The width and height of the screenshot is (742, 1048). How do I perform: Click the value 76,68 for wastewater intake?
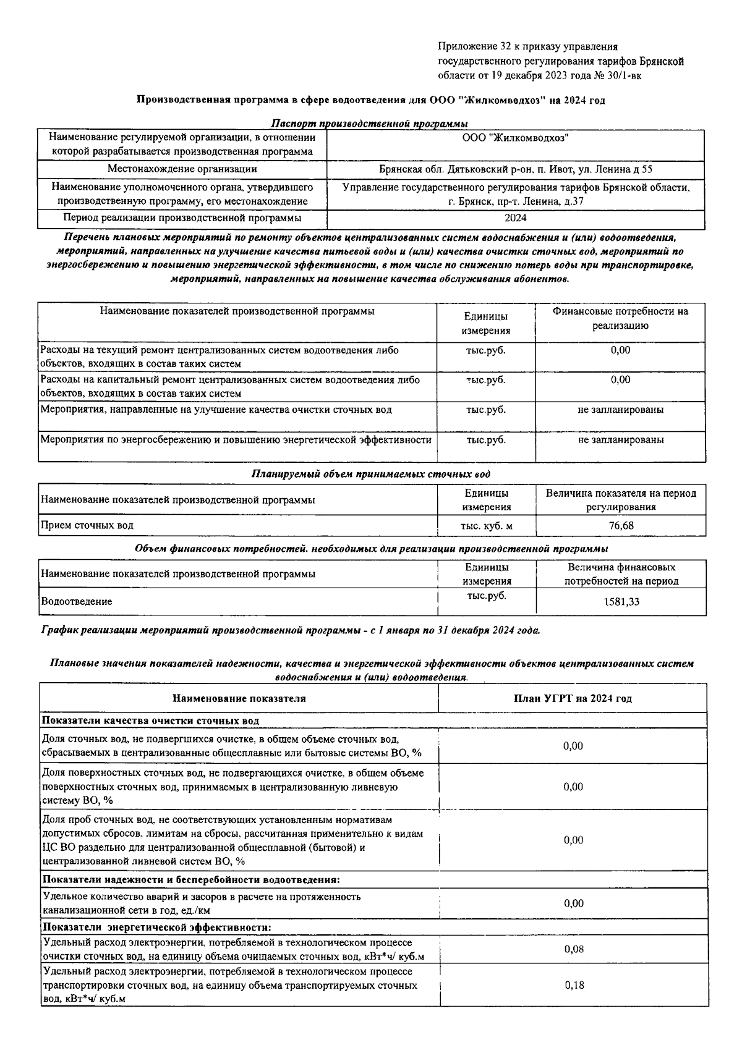pos(620,526)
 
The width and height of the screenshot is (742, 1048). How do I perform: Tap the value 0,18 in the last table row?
pos(574,985)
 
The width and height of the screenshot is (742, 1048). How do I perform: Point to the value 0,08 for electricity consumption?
pos(574,949)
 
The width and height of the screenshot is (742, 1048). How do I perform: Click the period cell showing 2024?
pos(515,218)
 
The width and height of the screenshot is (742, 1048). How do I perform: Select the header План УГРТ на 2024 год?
pos(573,698)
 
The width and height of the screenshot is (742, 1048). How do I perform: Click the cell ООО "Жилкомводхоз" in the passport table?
pos(515,138)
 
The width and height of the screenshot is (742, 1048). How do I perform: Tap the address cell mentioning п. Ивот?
pos(515,169)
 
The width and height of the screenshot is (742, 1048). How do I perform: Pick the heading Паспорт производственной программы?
pos(369,124)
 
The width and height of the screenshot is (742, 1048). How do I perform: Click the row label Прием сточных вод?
pos(87,526)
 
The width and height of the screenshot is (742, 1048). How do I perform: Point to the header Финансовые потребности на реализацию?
pos(620,318)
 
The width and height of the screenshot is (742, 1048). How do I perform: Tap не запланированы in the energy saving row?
pos(621,440)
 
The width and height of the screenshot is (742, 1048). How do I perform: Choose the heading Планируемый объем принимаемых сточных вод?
pos(370,474)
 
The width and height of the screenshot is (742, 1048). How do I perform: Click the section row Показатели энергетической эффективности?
pos(156,928)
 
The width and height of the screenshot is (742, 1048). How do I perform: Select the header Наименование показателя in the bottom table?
pos(239,698)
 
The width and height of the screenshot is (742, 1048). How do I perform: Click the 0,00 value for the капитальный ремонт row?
pos(620,380)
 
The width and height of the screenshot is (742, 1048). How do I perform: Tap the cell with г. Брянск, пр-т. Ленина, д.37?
pos(515,201)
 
